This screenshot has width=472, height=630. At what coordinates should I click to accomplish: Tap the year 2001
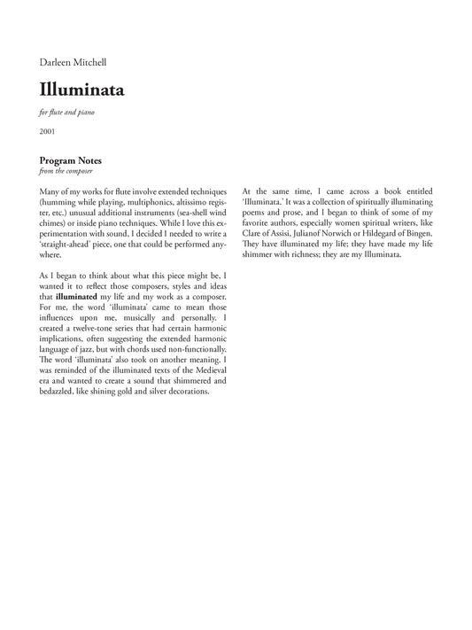48,131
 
